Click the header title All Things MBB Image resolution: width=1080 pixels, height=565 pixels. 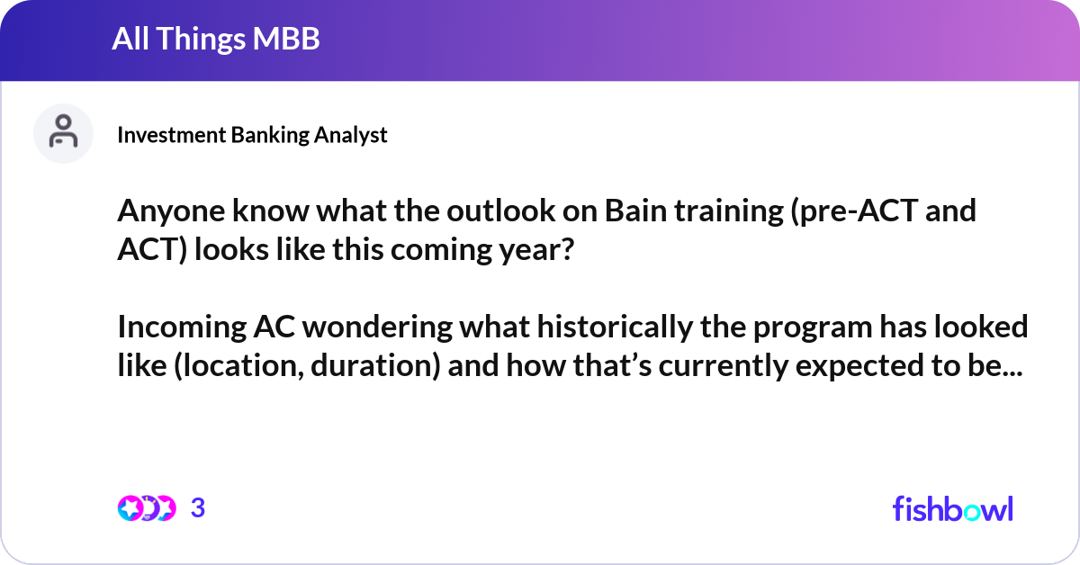tap(216, 40)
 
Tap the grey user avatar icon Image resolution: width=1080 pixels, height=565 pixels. tap(63, 134)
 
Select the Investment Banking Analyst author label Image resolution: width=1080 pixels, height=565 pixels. tap(252, 135)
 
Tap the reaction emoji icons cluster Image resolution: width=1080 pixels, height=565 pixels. tap(146, 508)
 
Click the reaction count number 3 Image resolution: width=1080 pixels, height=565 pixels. tap(198, 508)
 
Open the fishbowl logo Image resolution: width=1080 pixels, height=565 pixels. tap(952, 508)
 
